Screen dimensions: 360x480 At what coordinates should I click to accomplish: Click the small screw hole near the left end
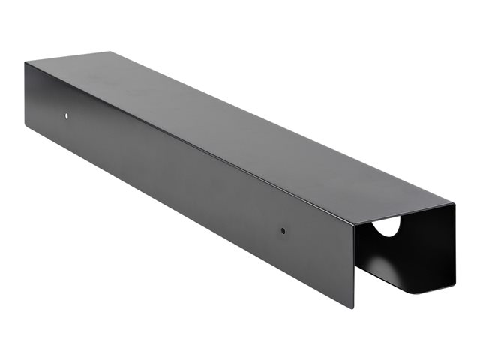(x=66, y=117)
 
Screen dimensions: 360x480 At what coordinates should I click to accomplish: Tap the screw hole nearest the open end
(x=283, y=232)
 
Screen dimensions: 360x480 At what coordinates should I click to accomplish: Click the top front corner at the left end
(x=25, y=63)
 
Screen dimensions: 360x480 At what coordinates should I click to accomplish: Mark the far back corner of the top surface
(x=109, y=52)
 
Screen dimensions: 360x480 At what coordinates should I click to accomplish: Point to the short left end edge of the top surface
(x=67, y=57)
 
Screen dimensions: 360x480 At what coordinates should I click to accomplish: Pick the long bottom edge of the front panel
(x=187, y=217)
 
